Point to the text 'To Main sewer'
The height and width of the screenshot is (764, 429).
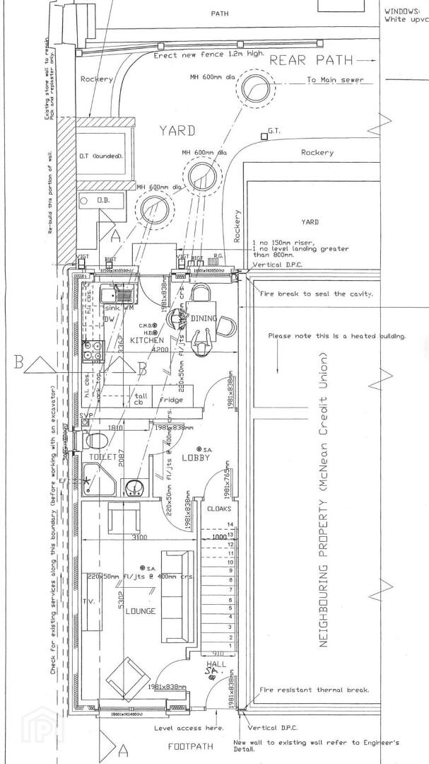(335, 80)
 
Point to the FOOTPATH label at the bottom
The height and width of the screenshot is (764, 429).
(189, 746)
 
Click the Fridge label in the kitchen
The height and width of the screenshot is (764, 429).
(170, 400)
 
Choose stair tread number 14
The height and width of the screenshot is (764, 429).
(229, 524)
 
